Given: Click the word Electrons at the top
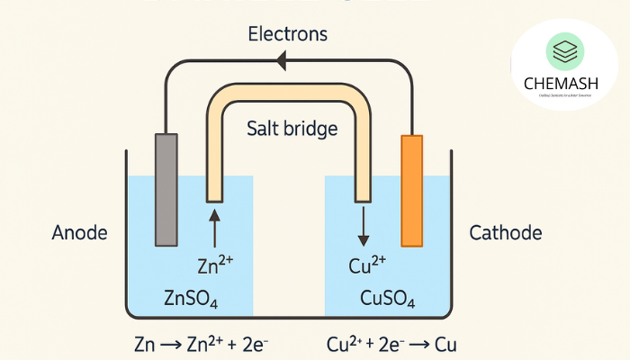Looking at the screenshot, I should pyautogui.click(x=288, y=35).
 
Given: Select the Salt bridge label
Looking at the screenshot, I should pyautogui.click(x=292, y=129).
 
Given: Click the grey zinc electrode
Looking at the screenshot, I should pyautogui.click(x=166, y=189).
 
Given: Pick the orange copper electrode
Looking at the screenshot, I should pyautogui.click(x=411, y=189).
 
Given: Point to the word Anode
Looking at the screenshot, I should pyautogui.click(x=79, y=233).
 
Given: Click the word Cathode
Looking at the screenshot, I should pyautogui.click(x=506, y=233).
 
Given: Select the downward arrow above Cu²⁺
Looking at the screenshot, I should pyautogui.click(x=363, y=228).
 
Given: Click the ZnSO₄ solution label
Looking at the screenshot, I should pyautogui.click(x=191, y=298).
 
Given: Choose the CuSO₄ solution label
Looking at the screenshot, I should pyautogui.click(x=387, y=298).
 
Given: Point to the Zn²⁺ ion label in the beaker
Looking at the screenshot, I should pyautogui.click(x=214, y=266).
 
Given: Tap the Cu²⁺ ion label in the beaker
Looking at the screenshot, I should pyautogui.click(x=366, y=266).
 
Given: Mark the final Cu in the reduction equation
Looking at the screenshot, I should pyautogui.click(x=446, y=344).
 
